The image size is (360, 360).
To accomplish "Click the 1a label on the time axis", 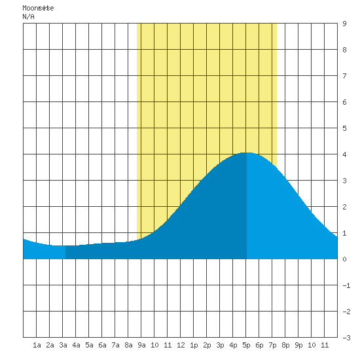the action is [x=37, y=345].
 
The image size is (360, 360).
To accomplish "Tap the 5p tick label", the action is [x=246, y=345].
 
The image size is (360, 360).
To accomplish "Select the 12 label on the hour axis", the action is [x=181, y=345].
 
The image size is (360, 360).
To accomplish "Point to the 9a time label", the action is [x=141, y=345].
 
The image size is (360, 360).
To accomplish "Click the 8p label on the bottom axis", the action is [x=285, y=345].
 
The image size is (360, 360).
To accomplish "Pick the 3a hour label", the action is [x=63, y=345].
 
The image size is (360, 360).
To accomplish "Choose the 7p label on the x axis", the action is [x=272, y=345].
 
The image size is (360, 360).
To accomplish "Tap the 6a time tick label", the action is [x=102, y=345].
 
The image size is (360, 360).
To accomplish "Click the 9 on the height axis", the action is [x=344, y=24].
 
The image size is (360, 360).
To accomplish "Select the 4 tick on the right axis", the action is [x=344, y=154].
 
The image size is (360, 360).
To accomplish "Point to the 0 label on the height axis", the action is [x=344, y=259].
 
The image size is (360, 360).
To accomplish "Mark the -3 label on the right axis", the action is [x=346, y=338].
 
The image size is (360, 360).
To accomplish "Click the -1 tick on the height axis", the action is [x=346, y=285].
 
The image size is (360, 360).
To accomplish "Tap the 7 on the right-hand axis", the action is [x=344, y=76].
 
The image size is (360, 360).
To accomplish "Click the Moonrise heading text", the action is [x=38, y=8].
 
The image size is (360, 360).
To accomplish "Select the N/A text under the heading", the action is [x=28, y=16].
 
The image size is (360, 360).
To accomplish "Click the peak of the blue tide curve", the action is [x=247, y=153].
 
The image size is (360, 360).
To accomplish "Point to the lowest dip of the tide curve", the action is [x=60, y=245].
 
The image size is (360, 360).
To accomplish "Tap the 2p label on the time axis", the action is [x=207, y=345].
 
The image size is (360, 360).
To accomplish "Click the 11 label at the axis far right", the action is [x=325, y=345].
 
